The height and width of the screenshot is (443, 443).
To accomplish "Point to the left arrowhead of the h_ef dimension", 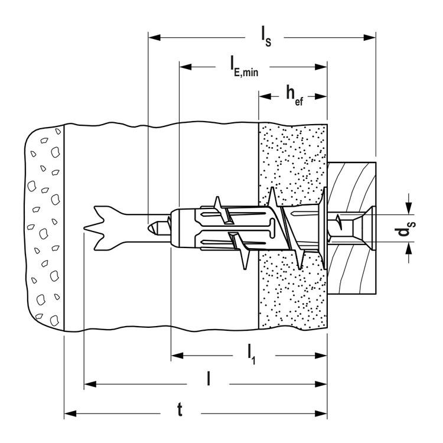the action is pos(263,95).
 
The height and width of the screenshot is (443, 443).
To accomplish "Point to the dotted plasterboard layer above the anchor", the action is pos(292,159).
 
